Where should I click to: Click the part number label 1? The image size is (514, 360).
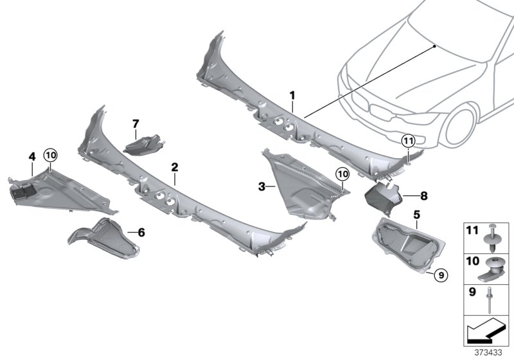coord(292,95)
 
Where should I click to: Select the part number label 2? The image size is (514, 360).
coord(174,167)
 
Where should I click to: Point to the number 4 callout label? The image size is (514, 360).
coord(31,156)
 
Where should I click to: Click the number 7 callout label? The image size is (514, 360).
coord(136,123)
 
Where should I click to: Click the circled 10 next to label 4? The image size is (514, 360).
coord(50,155)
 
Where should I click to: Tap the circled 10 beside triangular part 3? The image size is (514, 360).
coord(342,174)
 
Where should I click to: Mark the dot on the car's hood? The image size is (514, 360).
coord(435,46)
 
